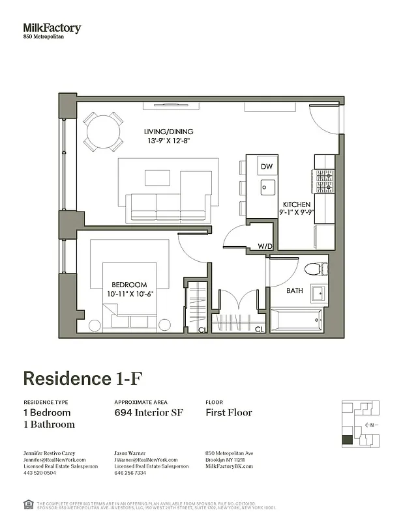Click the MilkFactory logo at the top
click(52, 29)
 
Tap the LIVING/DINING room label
click(168, 132)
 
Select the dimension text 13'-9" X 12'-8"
click(168, 140)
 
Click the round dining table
click(103, 132)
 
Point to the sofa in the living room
click(168, 208)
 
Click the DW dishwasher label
click(266, 167)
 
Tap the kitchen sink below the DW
click(266, 188)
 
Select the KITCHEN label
click(296, 204)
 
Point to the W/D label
click(265, 246)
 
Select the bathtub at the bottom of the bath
click(295, 319)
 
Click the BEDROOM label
click(128, 285)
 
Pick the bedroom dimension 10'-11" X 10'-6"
click(128, 294)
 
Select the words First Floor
click(228, 413)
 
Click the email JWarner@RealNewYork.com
click(145, 459)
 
